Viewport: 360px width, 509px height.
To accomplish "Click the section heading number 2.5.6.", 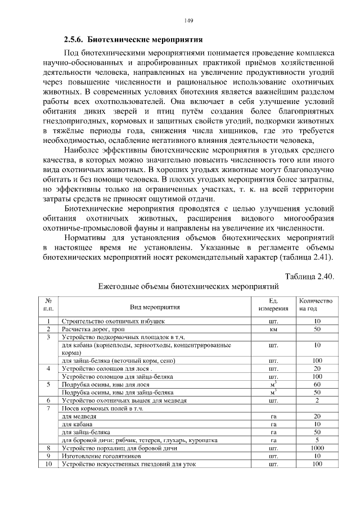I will tap(74, 40).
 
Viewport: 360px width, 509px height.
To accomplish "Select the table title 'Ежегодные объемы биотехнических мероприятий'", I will tap(189, 286).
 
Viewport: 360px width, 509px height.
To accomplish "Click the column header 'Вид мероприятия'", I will tap(155, 307).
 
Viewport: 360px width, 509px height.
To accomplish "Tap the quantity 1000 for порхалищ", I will tap(317, 448).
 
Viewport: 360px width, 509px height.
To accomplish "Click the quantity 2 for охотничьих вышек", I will tap(317, 400).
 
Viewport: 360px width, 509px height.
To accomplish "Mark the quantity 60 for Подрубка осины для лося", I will tap(317, 384).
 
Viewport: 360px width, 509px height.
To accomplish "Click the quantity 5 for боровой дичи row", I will tap(317, 440).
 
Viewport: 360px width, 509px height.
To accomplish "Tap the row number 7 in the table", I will tap(49, 408).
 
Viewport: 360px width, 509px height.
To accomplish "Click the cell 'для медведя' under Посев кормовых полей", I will tap(75, 416).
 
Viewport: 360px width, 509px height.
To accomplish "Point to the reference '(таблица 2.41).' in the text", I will tap(304, 257).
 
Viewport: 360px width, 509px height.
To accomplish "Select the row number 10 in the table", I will tap(49, 464).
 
